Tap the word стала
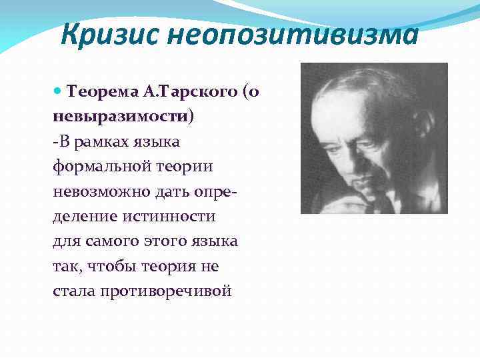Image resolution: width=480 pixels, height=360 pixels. coord(73,291)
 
